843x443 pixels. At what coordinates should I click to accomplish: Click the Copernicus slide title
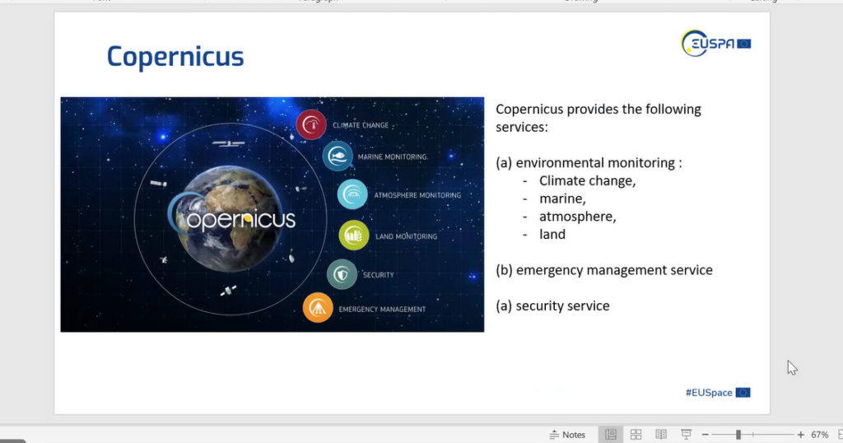175,57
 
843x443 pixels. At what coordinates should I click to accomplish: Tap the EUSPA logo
715,43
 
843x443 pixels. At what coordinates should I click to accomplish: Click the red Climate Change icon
310,124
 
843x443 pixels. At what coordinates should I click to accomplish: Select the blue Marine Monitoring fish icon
338,156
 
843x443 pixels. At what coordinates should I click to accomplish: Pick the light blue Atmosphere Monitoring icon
352,194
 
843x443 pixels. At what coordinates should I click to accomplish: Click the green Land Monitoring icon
354,235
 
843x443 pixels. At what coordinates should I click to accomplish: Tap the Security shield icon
342,274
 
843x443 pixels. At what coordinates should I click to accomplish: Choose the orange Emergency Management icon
318,307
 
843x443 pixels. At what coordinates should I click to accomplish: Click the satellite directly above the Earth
229,143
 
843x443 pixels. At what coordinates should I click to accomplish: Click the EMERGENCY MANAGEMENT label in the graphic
382,309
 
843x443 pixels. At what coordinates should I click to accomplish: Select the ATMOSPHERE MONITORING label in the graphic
417,195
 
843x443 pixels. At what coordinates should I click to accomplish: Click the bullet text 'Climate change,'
587,180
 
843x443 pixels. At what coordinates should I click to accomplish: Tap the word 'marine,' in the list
562,199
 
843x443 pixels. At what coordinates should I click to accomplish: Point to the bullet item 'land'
552,234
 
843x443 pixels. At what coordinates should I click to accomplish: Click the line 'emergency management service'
614,270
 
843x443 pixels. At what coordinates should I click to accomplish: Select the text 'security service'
562,306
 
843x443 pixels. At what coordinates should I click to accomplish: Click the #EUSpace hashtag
709,393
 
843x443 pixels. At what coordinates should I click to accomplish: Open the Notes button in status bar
567,435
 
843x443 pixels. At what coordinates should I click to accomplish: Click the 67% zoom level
819,435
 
